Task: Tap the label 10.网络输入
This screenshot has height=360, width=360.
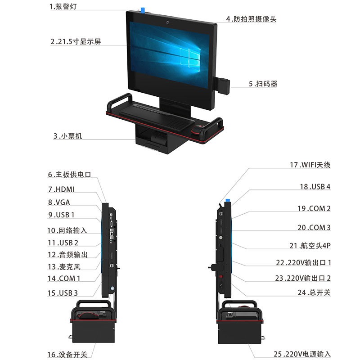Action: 67,230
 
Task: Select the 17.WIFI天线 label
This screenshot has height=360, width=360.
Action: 310,165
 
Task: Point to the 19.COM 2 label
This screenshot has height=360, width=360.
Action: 314,208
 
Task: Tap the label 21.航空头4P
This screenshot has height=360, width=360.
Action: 310,246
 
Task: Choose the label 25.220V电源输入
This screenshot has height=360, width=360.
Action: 302,354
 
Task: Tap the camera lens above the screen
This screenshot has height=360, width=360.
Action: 167,21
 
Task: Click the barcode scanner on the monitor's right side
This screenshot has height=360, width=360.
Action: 224,85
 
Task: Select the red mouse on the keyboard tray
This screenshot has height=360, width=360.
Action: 198,130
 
